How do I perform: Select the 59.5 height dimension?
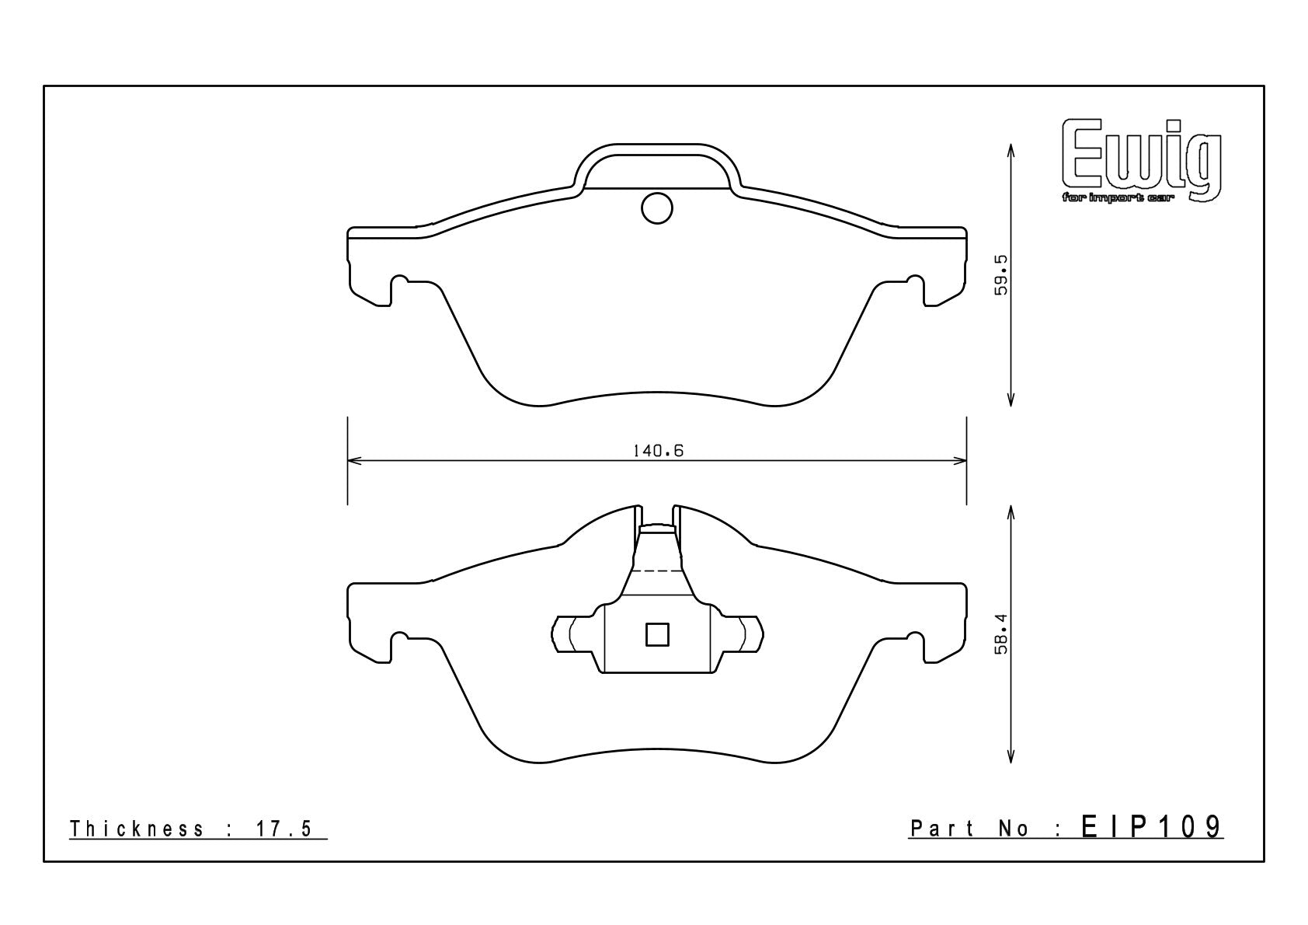(1001, 274)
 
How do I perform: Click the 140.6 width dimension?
(658, 451)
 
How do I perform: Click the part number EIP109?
(1152, 827)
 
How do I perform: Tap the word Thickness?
(137, 829)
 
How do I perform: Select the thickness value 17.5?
(284, 829)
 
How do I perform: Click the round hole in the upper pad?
(657, 208)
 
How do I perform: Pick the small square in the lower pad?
(657, 634)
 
